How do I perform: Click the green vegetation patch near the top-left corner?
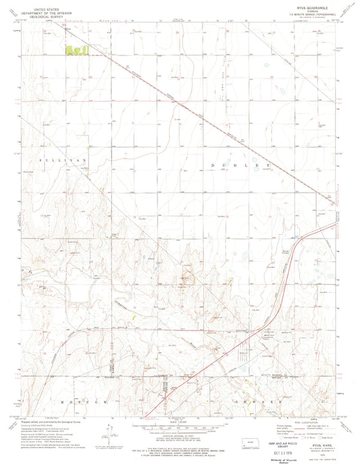[76, 49]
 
